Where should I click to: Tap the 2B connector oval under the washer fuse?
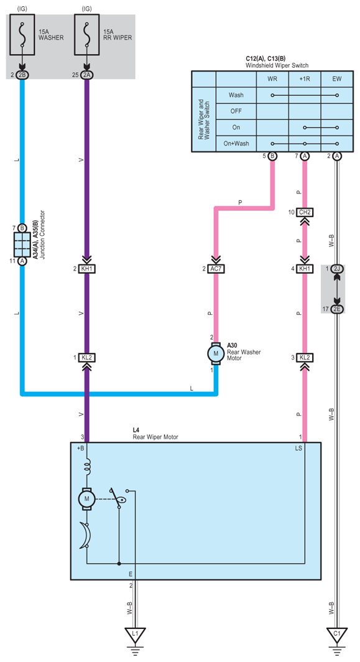point(22,75)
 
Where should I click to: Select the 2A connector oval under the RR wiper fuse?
point(87,75)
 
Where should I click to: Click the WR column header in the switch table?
point(272,79)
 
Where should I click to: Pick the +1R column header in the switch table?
point(305,79)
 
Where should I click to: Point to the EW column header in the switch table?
point(337,79)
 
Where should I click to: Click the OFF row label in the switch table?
point(236,111)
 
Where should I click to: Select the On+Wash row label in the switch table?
point(236,144)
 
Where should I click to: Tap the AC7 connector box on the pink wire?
point(216,269)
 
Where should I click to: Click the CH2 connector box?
point(305,212)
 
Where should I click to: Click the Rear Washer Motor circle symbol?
point(216,353)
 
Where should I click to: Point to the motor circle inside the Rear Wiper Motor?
point(86,498)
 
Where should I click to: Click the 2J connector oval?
point(337,269)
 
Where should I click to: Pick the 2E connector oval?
point(337,309)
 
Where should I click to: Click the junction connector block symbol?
point(22,245)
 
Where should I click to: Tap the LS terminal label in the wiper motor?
point(298,449)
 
